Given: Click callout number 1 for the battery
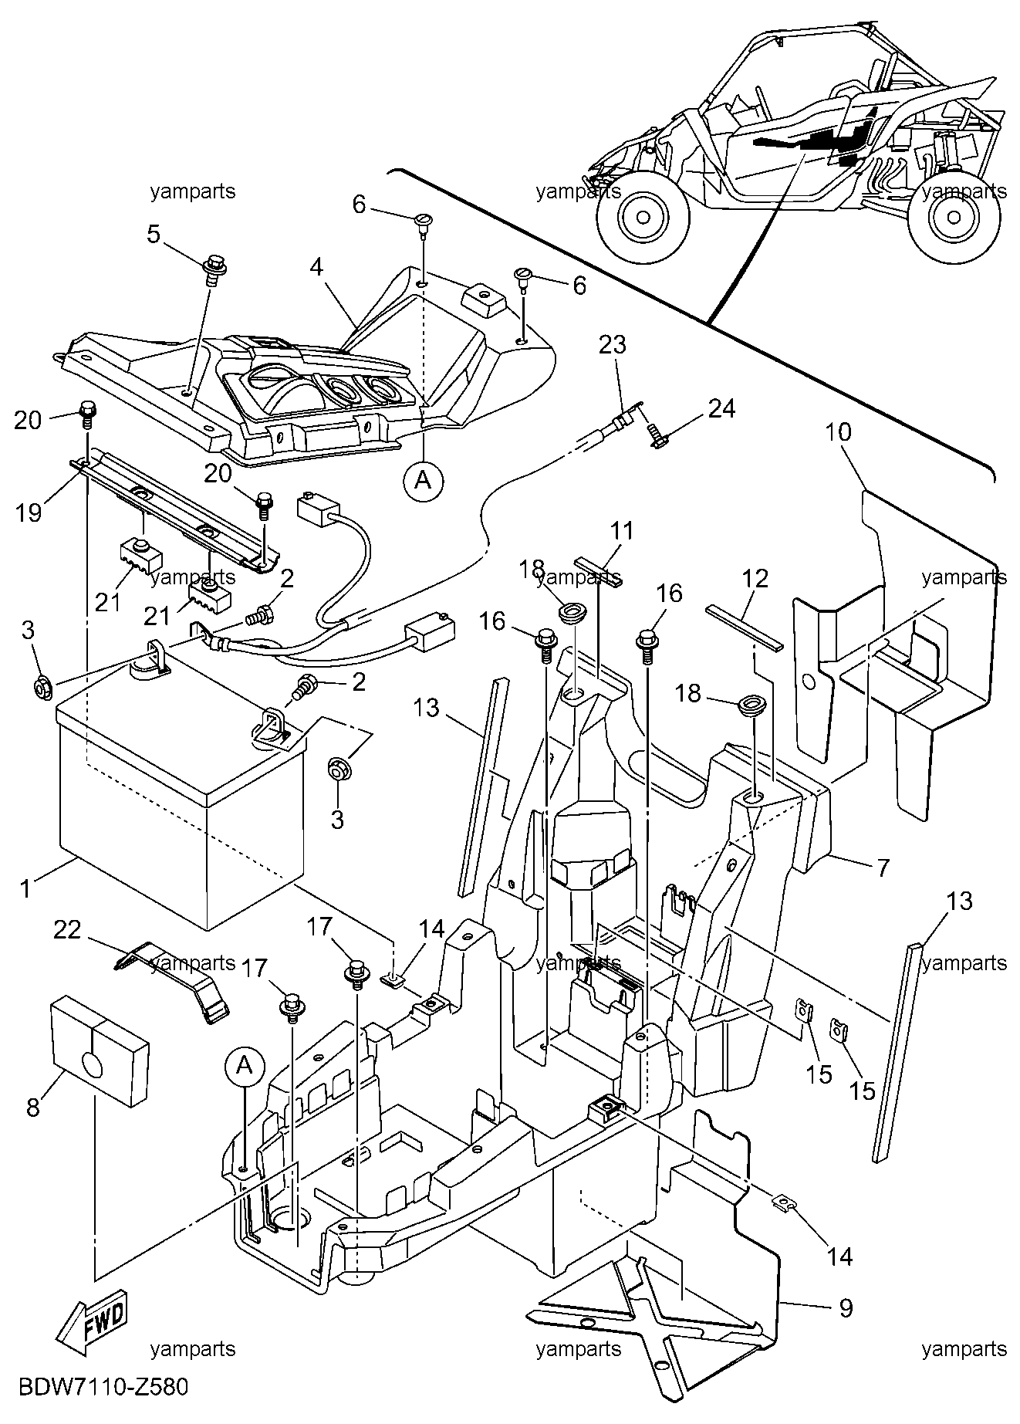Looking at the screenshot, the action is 26,888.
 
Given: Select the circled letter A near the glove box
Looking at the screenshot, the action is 422,480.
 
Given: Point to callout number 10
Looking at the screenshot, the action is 839,431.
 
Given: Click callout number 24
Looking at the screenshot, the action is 721,408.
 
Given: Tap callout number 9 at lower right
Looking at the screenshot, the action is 846,1307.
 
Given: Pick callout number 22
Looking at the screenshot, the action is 67,930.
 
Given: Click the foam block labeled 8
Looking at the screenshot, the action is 100,1045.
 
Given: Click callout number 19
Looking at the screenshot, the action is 29,512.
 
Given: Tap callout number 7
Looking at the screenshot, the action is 881,867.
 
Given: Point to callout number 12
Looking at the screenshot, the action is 756,578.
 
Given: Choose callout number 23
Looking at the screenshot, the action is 613,344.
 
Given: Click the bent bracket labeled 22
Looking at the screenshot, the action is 173,980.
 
